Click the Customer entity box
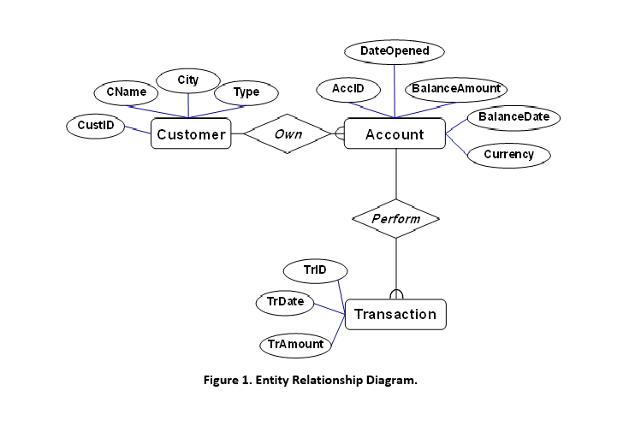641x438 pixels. [191, 134]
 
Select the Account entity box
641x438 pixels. [395, 134]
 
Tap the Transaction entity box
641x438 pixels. [395, 314]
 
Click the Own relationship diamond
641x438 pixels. [288, 134]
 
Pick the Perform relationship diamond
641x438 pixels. [395, 219]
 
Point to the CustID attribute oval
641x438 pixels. [95, 126]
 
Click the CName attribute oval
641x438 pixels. [126, 92]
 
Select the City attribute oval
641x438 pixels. [187, 80]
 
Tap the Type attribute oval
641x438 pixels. [246, 92]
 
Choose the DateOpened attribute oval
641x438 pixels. [395, 52]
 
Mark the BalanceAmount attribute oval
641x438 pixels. [456, 88]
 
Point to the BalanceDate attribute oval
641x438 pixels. [513, 116]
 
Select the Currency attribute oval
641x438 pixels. [508, 155]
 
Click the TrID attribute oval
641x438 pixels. [315, 270]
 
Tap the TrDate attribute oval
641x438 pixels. [285, 302]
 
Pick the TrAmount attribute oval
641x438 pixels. [295, 344]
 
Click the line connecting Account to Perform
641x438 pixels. [395, 175]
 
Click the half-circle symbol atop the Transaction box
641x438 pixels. [395, 294]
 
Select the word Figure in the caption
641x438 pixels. [222, 380]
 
